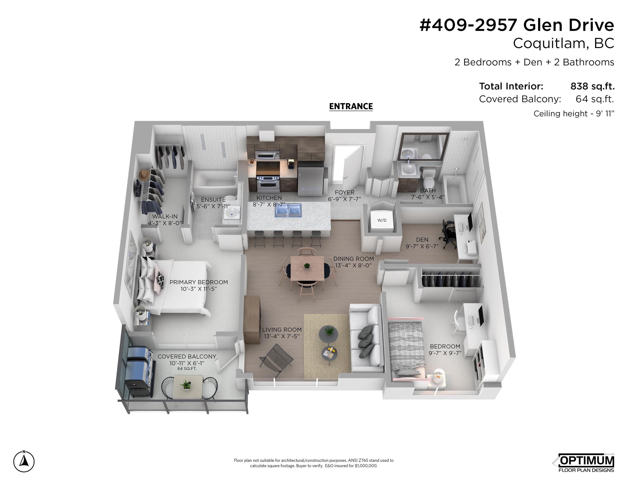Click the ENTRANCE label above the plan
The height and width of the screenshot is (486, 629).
tap(351, 107)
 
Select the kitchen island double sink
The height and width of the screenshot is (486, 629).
tap(288, 210)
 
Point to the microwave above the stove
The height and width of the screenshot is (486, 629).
tap(268, 155)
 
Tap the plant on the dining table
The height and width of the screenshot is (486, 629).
tap(307, 265)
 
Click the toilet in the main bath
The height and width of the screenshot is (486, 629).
tap(429, 178)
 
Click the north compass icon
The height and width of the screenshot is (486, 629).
tap(24, 461)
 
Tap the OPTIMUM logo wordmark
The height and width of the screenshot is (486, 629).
tap(586, 461)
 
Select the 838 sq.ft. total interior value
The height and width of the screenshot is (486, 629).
tap(592, 86)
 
